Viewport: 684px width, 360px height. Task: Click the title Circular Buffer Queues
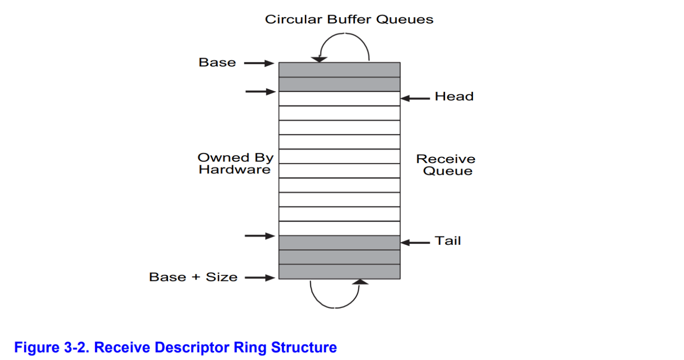349,20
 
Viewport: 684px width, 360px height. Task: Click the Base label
217,63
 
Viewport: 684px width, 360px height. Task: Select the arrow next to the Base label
259,63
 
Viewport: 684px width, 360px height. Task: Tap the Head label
454,97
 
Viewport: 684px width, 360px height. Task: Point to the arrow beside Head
415,98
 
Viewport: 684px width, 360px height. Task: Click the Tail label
448,241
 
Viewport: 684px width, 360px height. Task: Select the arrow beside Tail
415,242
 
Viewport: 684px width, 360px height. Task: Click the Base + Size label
193,277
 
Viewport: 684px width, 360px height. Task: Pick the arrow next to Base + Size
259,278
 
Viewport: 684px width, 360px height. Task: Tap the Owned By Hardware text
235,164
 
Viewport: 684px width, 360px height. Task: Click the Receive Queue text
446,165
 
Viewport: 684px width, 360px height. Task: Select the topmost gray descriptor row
339,70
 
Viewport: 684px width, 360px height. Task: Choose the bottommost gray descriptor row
339,272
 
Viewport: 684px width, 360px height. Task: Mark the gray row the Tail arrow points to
339,243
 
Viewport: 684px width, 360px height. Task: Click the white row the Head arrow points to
339,99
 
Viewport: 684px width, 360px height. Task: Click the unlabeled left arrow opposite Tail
259,236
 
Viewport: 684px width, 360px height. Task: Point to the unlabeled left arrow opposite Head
260,91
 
